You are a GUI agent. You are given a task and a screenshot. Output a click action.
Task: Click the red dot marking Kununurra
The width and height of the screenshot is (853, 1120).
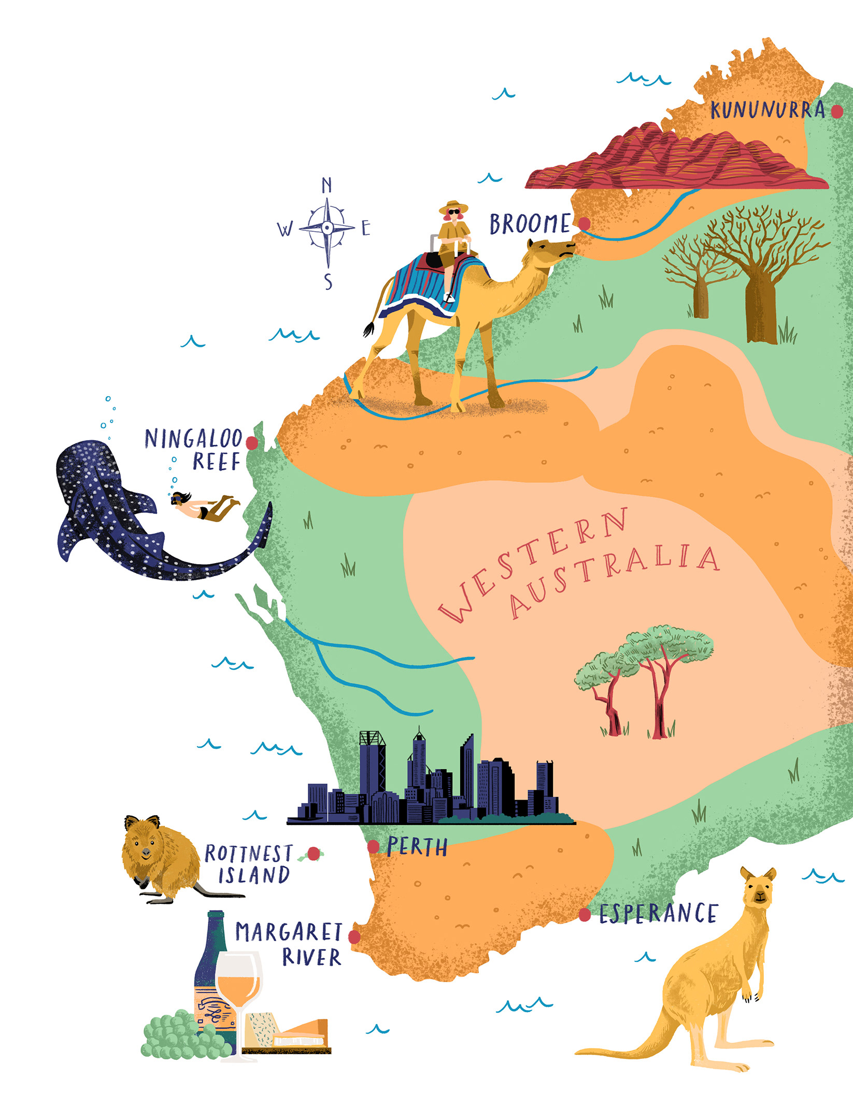(x=836, y=111)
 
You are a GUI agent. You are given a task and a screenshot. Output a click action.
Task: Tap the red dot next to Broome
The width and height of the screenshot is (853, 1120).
(x=584, y=223)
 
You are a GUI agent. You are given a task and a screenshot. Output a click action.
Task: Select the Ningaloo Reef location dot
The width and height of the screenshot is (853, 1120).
(x=252, y=443)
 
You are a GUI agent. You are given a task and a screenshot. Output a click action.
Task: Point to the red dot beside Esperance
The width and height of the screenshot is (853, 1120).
(x=585, y=915)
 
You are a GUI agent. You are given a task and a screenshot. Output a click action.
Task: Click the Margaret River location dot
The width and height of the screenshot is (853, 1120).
(x=354, y=937)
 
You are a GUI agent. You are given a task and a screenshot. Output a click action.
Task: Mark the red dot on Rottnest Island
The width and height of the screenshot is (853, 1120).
(x=314, y=853)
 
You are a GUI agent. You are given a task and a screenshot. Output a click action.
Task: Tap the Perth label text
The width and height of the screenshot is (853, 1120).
(x=417, y=847)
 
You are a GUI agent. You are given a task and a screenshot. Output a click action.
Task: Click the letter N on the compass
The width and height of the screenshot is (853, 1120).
(x=326, y=185)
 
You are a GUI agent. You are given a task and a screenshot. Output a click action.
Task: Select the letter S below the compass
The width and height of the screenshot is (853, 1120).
(x=328, y=282)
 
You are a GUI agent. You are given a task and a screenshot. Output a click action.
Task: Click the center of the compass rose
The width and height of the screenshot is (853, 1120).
(x=327, y=227)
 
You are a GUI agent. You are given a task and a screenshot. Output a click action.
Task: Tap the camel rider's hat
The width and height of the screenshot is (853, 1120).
(x=453, y=206)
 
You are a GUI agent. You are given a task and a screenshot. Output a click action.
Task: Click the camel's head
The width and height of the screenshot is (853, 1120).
(x=555, y=249)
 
